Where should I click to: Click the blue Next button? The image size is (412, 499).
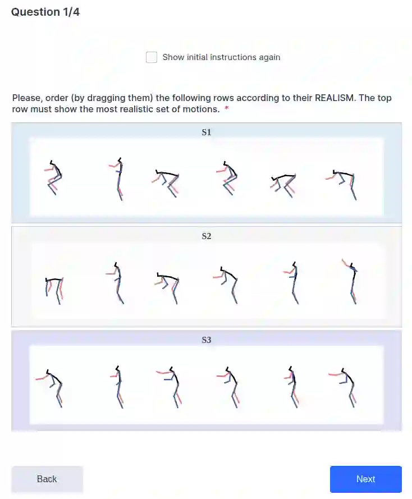click(365, 479)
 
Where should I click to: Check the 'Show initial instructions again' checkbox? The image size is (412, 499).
click(152, 57)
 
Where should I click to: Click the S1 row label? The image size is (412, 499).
click(207, 132)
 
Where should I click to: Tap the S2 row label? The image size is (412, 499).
click(207, 236)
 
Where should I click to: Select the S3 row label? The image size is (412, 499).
click(207, 340)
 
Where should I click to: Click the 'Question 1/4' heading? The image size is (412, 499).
click(45, 12)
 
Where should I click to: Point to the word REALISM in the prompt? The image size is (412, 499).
click(334, 98)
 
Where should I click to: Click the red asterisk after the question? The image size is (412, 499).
click(227, 108)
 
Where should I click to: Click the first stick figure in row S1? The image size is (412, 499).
click(53, 177)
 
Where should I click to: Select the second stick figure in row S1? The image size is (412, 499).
click(118, 179)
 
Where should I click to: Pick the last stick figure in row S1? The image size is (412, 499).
click(342, 185)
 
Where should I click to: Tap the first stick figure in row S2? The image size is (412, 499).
click(54, 291)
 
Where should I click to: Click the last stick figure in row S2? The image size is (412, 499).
click(351, 282)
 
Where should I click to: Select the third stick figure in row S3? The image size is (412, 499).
click(170, 387)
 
